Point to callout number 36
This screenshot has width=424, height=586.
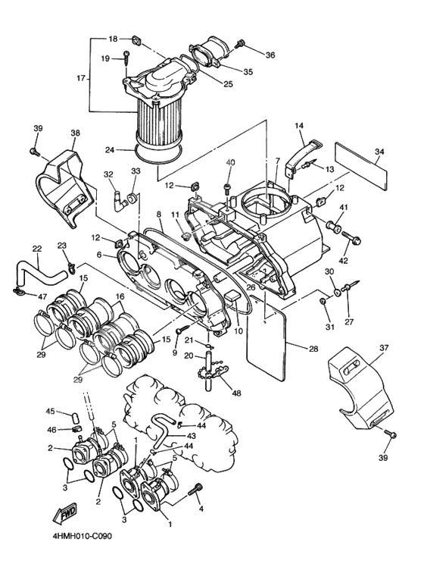[270, 55]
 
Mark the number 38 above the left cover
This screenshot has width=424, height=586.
[75, 133]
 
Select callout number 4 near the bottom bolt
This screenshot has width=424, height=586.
[201, 509]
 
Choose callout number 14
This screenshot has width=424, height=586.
[299, 125]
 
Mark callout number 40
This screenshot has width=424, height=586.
[231, 162]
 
